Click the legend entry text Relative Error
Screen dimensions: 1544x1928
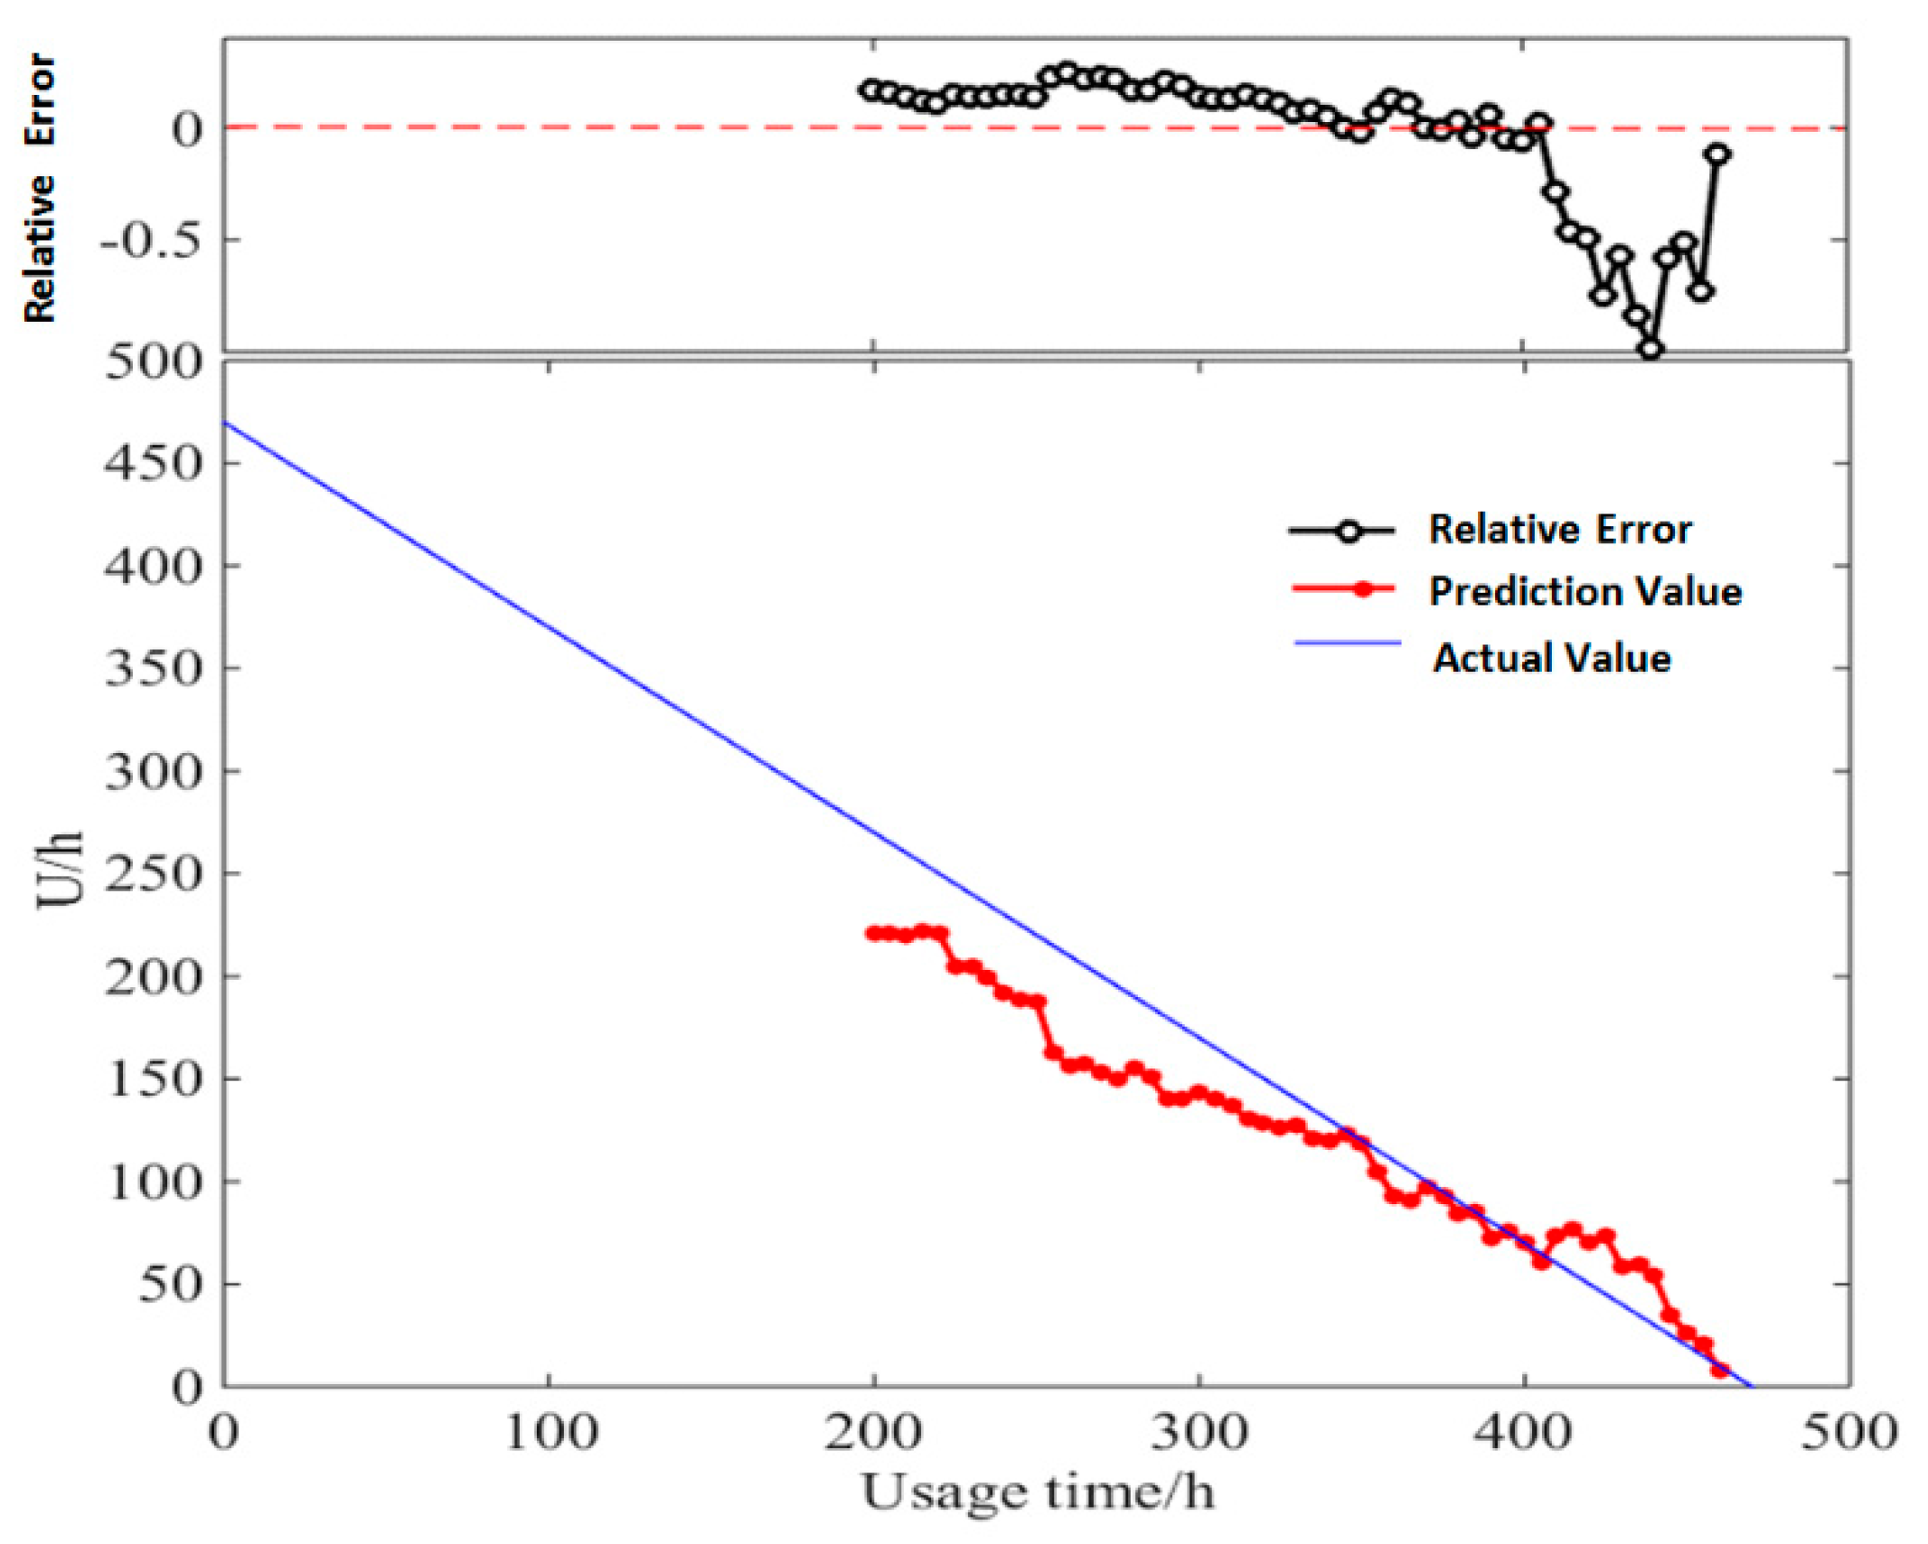1559,530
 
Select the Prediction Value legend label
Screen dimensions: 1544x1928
1585,592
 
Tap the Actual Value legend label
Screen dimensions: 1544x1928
1551,658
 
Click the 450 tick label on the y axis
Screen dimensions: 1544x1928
152,464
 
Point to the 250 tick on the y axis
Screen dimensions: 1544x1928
152,874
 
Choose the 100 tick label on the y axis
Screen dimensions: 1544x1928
152,1182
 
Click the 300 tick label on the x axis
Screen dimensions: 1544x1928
1199,1434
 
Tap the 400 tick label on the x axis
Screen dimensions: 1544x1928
1524,1434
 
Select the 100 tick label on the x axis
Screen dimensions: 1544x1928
550,1434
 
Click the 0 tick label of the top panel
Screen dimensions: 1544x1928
188,129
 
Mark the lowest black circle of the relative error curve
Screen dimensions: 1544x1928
1651,349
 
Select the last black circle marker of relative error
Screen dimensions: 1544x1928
1717,155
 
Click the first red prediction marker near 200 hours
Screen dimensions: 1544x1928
873,933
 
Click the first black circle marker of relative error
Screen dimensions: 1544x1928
871,89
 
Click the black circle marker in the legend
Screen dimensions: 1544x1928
1349,531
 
